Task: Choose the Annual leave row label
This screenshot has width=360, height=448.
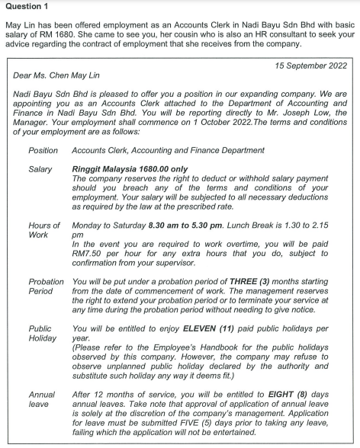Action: tap(42, 401)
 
